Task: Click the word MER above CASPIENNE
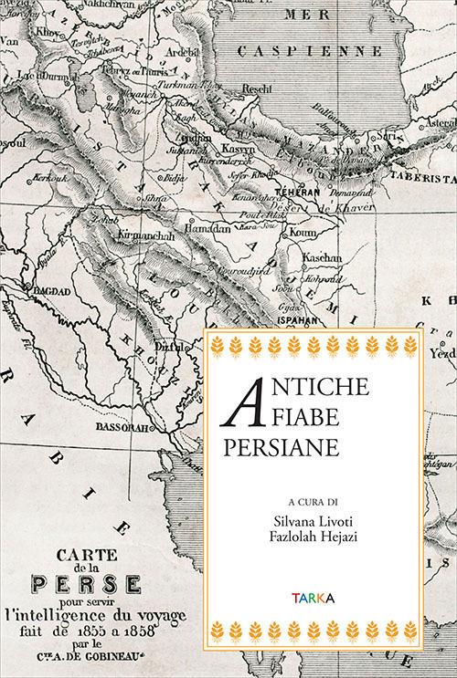[308, 15]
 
